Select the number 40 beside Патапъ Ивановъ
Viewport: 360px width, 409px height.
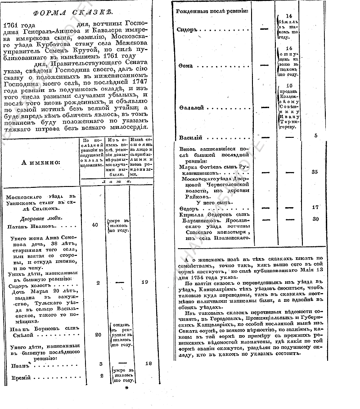tap(95, 224)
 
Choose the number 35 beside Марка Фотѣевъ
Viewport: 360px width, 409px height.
tap(315, 172)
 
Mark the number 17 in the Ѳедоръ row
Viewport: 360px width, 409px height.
tap(315, 207)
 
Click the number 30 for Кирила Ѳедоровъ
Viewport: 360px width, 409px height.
tap(315, 218)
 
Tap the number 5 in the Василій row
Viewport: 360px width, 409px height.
tap(315, 135)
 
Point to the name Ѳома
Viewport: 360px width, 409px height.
tap(186, 66)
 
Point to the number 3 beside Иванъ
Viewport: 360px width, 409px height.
tap(101, 364)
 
